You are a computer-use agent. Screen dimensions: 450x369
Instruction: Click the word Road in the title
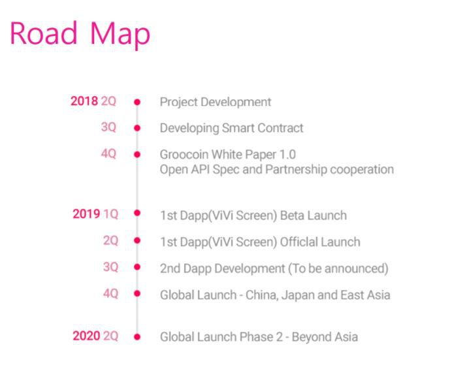(x=44, y=33)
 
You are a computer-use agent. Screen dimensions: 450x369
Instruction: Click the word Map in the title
(x=120, y=35)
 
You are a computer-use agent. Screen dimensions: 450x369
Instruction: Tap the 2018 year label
(x=84, y=101)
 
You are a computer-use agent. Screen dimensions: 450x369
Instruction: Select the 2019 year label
(x=86, y=214)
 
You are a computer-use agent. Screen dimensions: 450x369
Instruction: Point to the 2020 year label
(x=86, y=336)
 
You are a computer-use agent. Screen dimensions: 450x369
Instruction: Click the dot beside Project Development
(x=137, y=102)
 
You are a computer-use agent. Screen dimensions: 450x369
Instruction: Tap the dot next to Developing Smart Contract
(x=137, y=128)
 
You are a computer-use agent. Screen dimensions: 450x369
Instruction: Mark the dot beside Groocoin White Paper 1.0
(x=137, y=155)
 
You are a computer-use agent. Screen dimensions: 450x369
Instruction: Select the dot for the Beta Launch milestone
(x=137, y=213)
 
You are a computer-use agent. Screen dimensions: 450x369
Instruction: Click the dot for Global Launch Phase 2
(x=137, y=337)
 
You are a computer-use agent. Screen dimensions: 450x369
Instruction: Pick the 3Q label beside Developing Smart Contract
(x=108, y=127)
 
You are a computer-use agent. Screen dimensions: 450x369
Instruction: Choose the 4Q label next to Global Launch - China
(x=111, y=293)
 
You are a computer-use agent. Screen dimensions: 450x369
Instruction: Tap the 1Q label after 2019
(x=111, y=214)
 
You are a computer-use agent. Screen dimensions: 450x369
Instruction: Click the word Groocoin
(x=184, y=154)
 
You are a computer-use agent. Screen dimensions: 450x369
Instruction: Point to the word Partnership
(x=296, y=170)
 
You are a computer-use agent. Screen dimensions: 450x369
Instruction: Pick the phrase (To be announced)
(x=338, y=268)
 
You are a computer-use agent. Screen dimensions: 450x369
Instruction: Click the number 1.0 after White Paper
(x=287, y=154)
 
